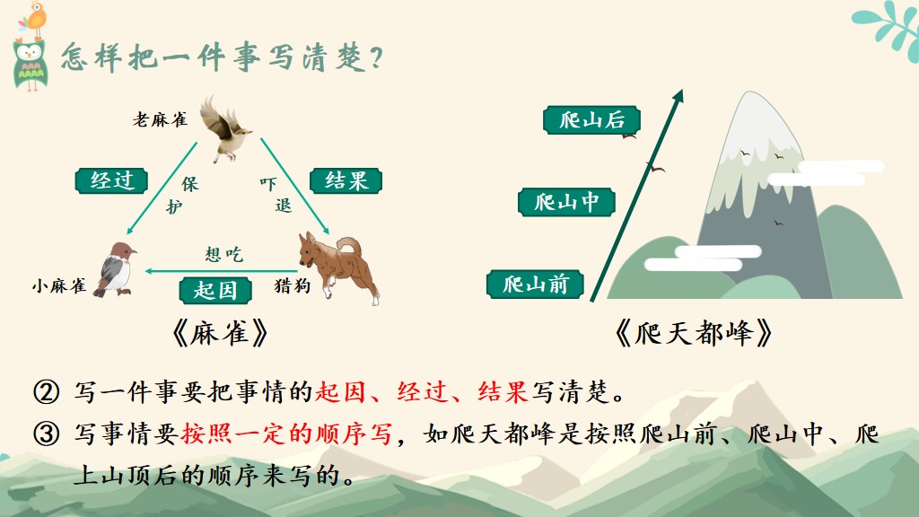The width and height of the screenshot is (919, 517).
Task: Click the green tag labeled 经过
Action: [111, 180]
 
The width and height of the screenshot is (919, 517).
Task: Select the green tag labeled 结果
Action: [346, 180]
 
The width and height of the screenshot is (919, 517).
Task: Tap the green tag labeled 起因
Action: [215, 290]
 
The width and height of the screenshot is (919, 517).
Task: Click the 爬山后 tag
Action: [591, 120]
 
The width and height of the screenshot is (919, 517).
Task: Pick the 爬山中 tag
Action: [566, 202]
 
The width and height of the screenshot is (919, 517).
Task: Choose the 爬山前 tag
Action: [535, 285]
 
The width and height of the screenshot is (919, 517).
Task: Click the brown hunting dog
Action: [338, 266]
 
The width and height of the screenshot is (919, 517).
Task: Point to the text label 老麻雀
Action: [160, 119]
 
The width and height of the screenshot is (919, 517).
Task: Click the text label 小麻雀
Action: [59, 286]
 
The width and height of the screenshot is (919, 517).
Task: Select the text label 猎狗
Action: [292, 285]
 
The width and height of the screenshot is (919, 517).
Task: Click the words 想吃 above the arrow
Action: [223, 254]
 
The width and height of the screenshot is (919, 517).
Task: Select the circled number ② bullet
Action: [47, 392]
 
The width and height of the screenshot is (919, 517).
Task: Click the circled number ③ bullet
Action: [47, 434]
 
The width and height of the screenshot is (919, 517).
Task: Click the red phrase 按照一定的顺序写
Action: [286, 434]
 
